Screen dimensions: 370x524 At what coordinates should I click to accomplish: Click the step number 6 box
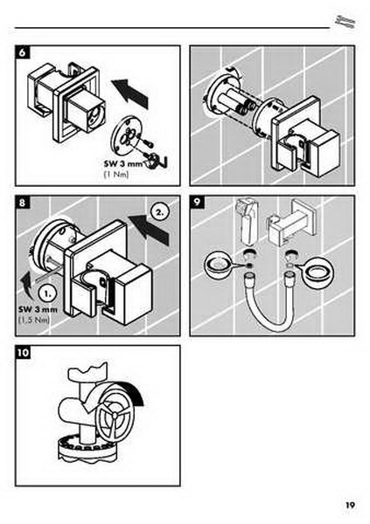coord(23,52)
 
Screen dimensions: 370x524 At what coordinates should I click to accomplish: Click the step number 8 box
coord(23,203)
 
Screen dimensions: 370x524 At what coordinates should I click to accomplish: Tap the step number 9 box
coord(197,203)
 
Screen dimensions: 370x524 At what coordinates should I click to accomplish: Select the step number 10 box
coord(23,353)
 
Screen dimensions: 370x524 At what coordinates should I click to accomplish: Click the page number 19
coord(350,505)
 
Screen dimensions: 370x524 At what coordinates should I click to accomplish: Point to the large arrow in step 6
coord(129,93)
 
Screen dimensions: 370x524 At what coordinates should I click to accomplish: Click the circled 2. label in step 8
coord(160,212)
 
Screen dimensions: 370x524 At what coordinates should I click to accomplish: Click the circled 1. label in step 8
coord(48,293)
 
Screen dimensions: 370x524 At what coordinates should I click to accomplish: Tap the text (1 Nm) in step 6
coord(116,175)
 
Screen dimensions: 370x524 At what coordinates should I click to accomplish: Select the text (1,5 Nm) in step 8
coord(34,320)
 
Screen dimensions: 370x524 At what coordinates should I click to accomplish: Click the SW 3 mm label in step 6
coord(123,164)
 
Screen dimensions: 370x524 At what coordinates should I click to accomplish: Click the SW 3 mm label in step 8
coord(38,309)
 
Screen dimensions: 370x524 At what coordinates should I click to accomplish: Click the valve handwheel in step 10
coord(115,415)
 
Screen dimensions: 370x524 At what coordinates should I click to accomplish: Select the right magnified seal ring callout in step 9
coord(318,271)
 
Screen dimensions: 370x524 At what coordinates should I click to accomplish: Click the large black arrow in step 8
coord(149,229)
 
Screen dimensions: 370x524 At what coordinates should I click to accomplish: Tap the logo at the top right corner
coord(346,22)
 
